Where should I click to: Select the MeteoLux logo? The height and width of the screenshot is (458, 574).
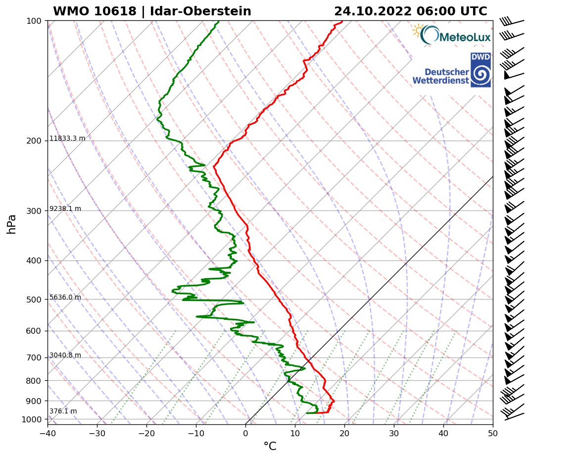451,35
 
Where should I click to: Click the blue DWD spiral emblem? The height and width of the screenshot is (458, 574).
480,75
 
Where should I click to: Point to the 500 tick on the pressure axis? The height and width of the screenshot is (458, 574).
34,300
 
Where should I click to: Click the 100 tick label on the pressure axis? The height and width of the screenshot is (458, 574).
34,21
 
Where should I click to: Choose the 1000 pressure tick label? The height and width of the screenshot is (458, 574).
32,420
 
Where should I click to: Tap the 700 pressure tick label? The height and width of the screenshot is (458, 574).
34,357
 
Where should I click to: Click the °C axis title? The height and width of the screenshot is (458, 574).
270,447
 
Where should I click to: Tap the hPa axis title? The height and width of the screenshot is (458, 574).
12,224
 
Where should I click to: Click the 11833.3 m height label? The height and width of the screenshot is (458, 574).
67,139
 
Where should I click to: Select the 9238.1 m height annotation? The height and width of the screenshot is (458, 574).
65,209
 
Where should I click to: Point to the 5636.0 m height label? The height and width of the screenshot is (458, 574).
65,298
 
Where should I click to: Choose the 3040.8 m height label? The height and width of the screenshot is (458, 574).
65,356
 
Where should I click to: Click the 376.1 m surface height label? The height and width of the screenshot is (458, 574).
63,411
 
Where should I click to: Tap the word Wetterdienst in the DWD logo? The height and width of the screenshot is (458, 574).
440,80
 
